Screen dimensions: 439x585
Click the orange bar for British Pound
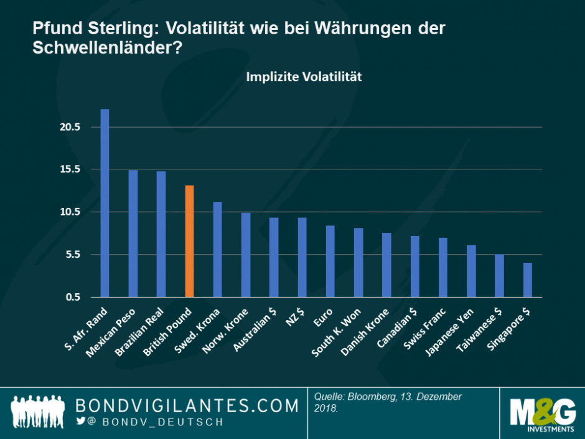(x=189, y=241)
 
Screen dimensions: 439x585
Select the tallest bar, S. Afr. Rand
(x=105, y=203)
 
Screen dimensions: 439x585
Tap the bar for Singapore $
(x=527, y=280)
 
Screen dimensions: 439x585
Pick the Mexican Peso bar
(x=133, y=234)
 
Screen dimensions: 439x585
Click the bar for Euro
(x=330, y=261)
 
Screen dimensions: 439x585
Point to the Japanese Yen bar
(x=471, y=271)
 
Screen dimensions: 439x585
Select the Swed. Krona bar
(x=218, y=249)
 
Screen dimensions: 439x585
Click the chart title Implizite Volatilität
(x=304, y=77)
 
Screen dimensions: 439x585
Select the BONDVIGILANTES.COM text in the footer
(x=187, y=406)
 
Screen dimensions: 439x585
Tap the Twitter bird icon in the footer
(x=80, y=422)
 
